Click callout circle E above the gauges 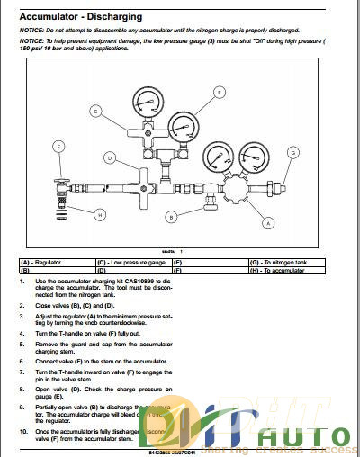point(219,92)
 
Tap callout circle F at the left point(58,146)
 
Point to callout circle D point(109,157)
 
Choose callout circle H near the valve point(100,214)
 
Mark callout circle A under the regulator point(267,221)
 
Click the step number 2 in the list point(21,305)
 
